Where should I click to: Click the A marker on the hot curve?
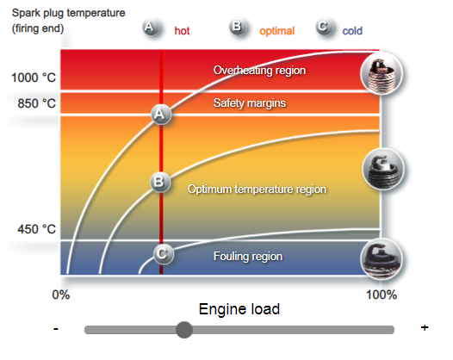click(x=161, y=115)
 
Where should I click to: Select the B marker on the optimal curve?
click(x=160, y=182)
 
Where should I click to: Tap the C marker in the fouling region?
click(x=164, y=254)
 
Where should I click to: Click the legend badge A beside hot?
click(x=151, y=28)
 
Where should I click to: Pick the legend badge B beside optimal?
click(x=238, y=28)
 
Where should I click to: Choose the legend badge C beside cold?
click(x=324, y=28)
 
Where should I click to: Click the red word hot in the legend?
click(x=182, y=31)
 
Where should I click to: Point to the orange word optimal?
click(x=276, y=31)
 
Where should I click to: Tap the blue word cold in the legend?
click(x=352, y=31)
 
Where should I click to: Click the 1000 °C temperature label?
click(x=34, y=78)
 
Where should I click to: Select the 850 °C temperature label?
click(x=37, y=103)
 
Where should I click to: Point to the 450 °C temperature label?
click(x=37, y=229)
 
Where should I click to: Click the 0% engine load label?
click(x=61, y=295)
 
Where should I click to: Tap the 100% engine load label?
click(x=382, y=295)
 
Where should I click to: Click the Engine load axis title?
click(x=239, y=309)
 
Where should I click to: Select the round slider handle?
click(x=184, y=330)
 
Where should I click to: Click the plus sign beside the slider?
click(x=425, y=327)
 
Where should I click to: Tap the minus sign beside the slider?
click(x=56, y=329)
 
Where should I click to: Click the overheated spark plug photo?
click(x=382, y=73)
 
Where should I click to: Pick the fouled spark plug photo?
click(x=382, y=259)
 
